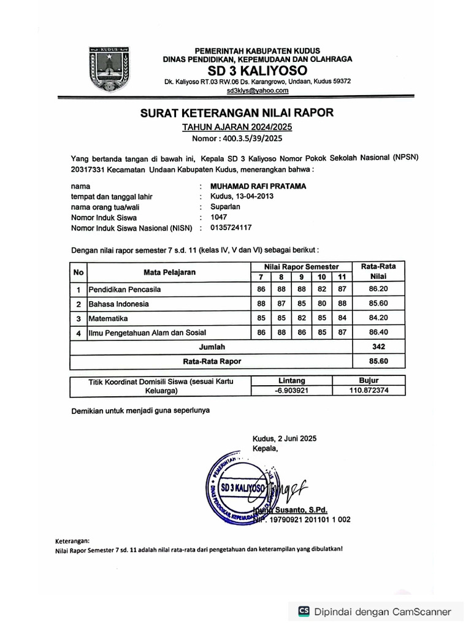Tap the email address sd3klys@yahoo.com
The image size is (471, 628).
[x=257, y=91]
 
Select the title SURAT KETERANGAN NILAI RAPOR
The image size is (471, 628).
[x=237, y=113]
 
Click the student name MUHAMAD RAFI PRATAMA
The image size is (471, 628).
[x=258, y=186]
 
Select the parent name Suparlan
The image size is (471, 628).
[x=224, y=207]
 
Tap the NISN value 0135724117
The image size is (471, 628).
[x=231, y=228]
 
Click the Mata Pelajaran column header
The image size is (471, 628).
[x=169, y=272]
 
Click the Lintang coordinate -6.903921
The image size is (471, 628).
[x=292, y=390]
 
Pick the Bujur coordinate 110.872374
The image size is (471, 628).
[x=369, y=390]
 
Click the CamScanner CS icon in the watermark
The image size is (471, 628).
[x=304, y=611]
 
